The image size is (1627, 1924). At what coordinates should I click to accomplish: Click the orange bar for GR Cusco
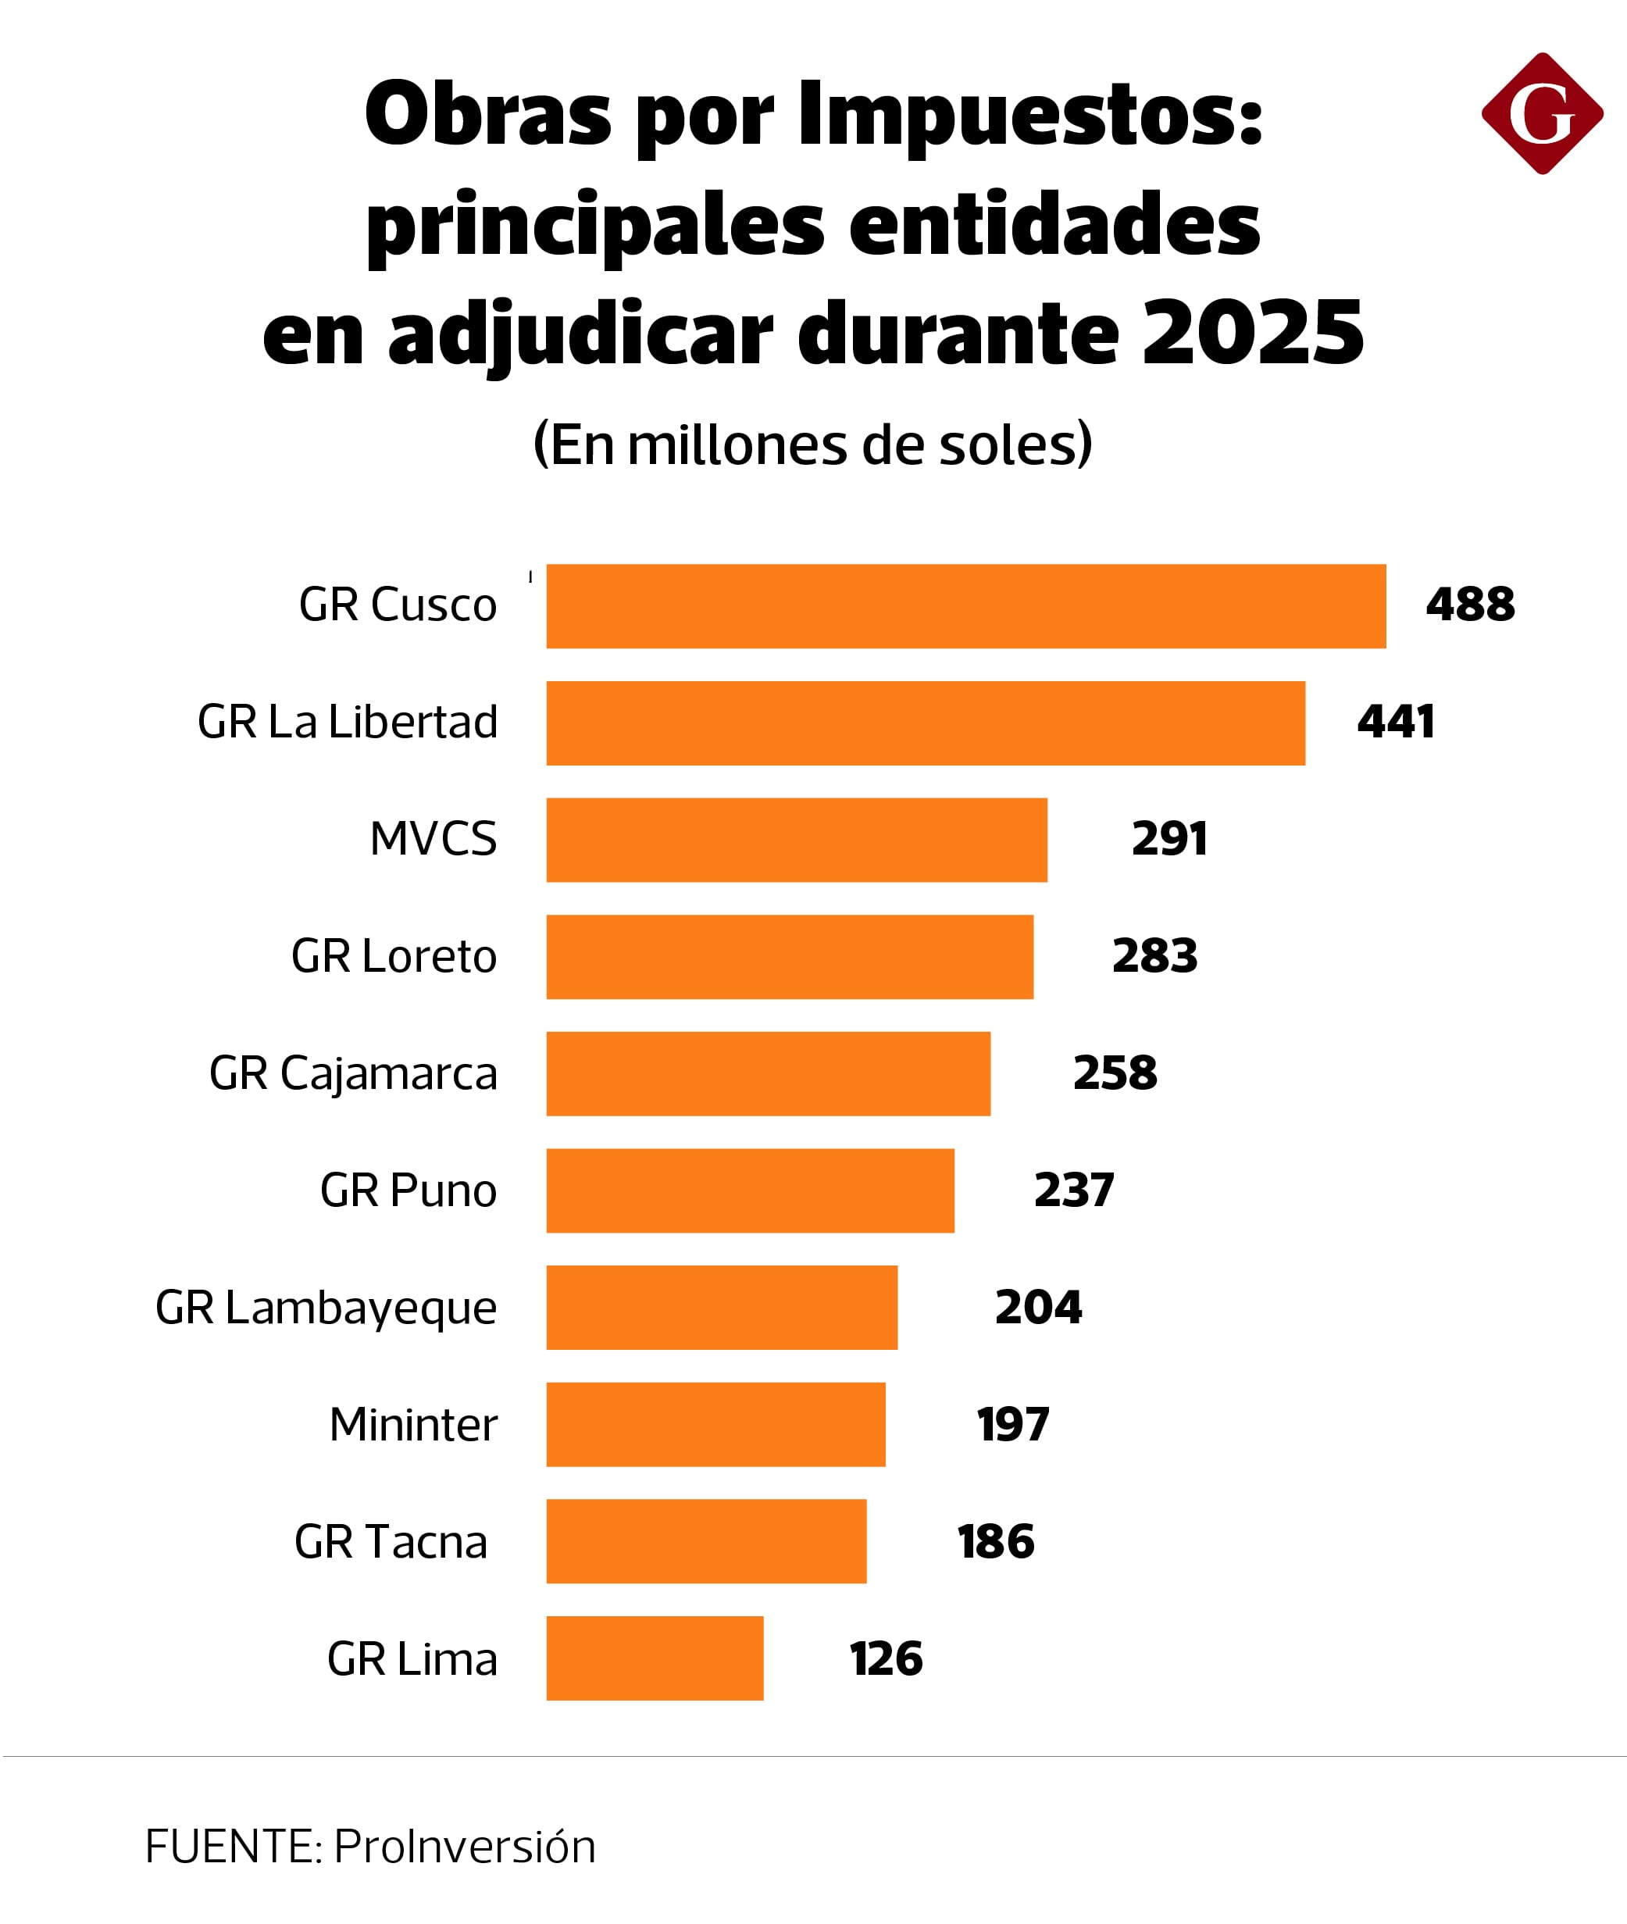coord(965,606)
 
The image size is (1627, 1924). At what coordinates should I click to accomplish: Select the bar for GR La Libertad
coord(925,723)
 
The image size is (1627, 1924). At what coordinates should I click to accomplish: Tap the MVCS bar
coord(796,839)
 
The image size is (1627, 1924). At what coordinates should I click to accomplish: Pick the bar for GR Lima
coord(655,1658)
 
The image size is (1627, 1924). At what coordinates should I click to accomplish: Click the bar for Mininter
coord(715,1424)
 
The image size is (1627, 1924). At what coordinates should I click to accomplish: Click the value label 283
coord(1154,955)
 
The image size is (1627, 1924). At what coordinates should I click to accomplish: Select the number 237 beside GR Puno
coord(1073,1190)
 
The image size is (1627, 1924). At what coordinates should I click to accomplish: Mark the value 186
coord(996,1541)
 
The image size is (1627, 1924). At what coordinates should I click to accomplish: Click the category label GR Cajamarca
coord(353,1073)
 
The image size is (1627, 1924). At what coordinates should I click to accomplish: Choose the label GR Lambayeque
coord(326,1308)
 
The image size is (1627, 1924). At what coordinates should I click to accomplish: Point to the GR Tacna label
coord(390,1541)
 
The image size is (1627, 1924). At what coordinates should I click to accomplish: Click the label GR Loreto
coord(394,955)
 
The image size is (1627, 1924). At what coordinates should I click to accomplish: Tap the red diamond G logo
coord(1542,113)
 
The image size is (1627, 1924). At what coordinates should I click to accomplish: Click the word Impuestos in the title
coord(1029,116)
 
